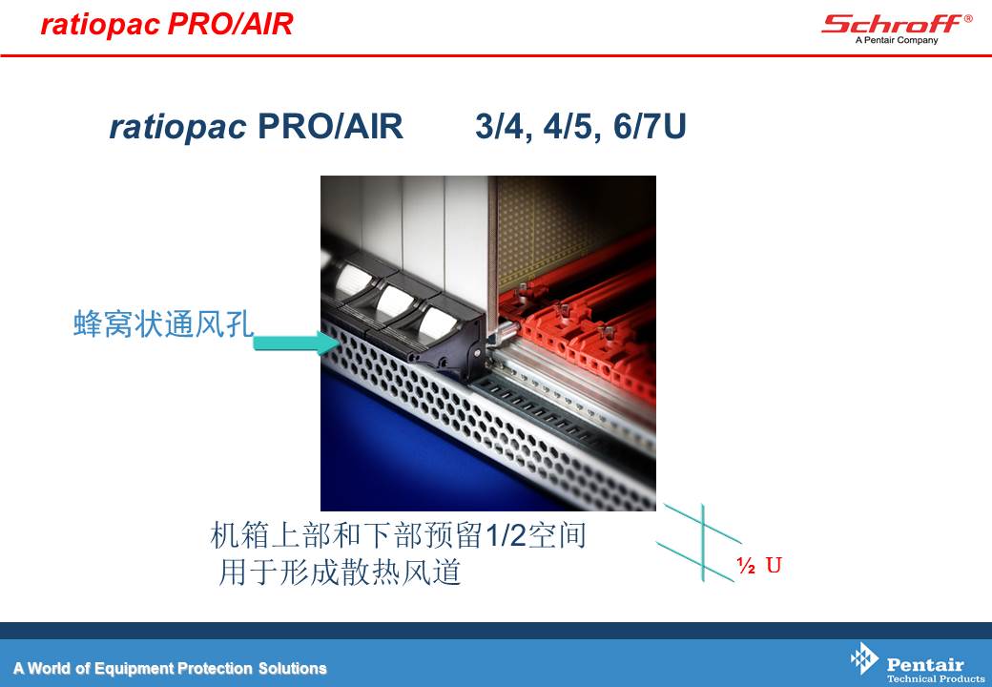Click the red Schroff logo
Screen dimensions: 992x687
point(892,24)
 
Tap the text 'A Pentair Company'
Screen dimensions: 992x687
point(897,40)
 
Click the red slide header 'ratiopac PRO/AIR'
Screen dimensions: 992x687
point(167,25)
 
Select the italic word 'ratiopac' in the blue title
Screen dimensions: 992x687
point(177,127)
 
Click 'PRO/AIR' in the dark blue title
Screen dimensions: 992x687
point(330,127)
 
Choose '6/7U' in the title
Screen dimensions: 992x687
point(650,127)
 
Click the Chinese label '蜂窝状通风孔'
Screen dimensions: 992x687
point(163,323)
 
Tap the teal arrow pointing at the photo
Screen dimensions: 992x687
point(297,343)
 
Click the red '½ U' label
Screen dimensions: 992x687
point(759,565)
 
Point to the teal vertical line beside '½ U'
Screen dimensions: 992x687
point(703,542)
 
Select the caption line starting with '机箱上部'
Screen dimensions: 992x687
point(398,535)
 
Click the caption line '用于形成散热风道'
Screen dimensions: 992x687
point(340,572)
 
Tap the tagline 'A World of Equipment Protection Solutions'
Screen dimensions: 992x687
point(170,669)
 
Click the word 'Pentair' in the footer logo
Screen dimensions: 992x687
point(925,664)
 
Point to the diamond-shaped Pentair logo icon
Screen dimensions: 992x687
point(864,658)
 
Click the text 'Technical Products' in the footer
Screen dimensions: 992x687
point(936,678)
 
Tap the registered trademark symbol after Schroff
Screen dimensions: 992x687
point(968,18)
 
